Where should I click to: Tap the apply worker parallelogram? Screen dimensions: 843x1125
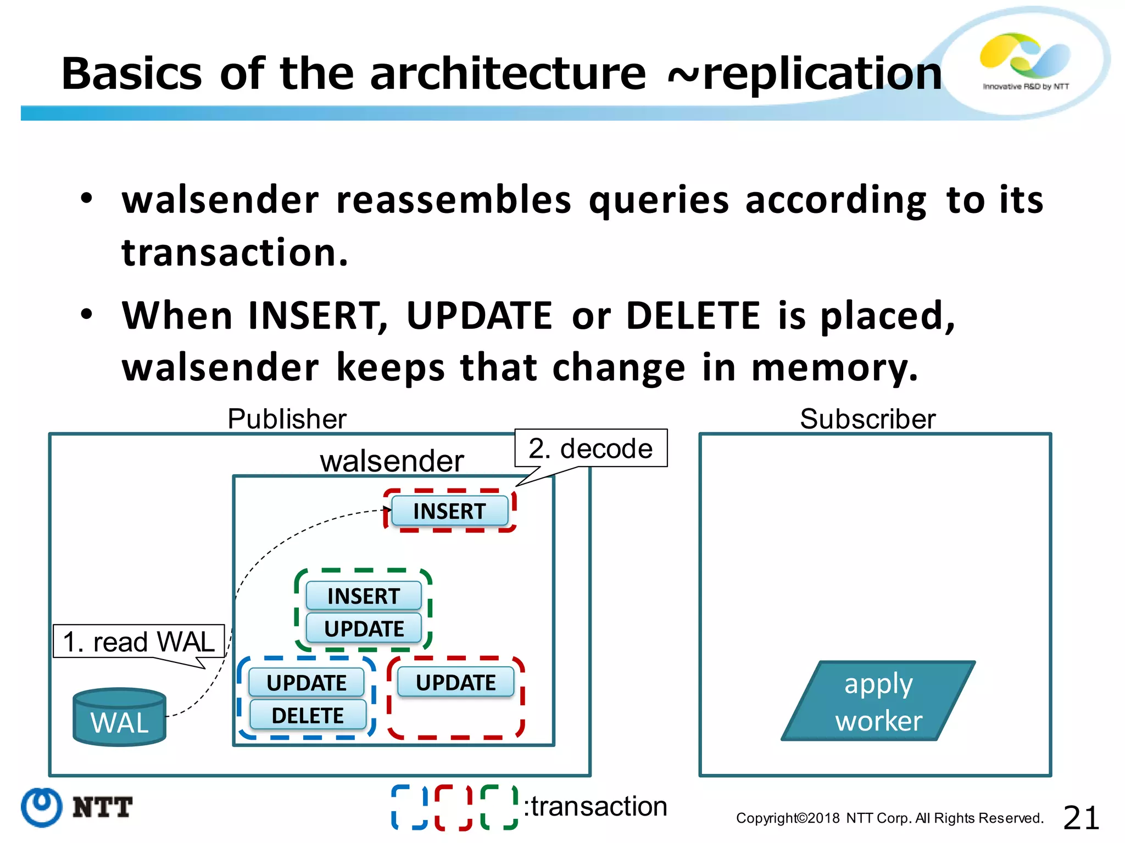pos(878,701)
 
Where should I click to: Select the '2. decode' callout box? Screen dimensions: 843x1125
pos(591,448)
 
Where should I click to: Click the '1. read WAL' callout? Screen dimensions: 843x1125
pos(138,641)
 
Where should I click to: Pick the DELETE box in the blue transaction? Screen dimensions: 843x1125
pos(308,715)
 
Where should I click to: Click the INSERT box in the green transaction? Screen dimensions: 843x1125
pos(363,596)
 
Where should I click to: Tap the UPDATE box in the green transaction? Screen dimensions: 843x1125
pos(363,628)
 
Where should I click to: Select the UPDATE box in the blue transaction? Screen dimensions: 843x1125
pos(306,683)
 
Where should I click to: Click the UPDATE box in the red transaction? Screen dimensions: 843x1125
pos(455,682)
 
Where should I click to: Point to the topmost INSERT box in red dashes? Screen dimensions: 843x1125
pos(449,511)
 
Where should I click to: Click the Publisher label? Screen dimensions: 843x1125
pos(287,419)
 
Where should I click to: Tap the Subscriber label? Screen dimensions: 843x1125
pos(867,419)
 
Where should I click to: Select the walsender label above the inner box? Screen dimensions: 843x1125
pos(392,460)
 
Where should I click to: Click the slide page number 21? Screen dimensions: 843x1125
pos(1081,818)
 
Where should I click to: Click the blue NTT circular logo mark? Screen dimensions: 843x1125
pos(41,807)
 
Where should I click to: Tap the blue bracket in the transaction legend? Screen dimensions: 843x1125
pos(409,807)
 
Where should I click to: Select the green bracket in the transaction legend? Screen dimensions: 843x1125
pos(499,807)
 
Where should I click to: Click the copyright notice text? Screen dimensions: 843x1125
pos(889,818)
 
